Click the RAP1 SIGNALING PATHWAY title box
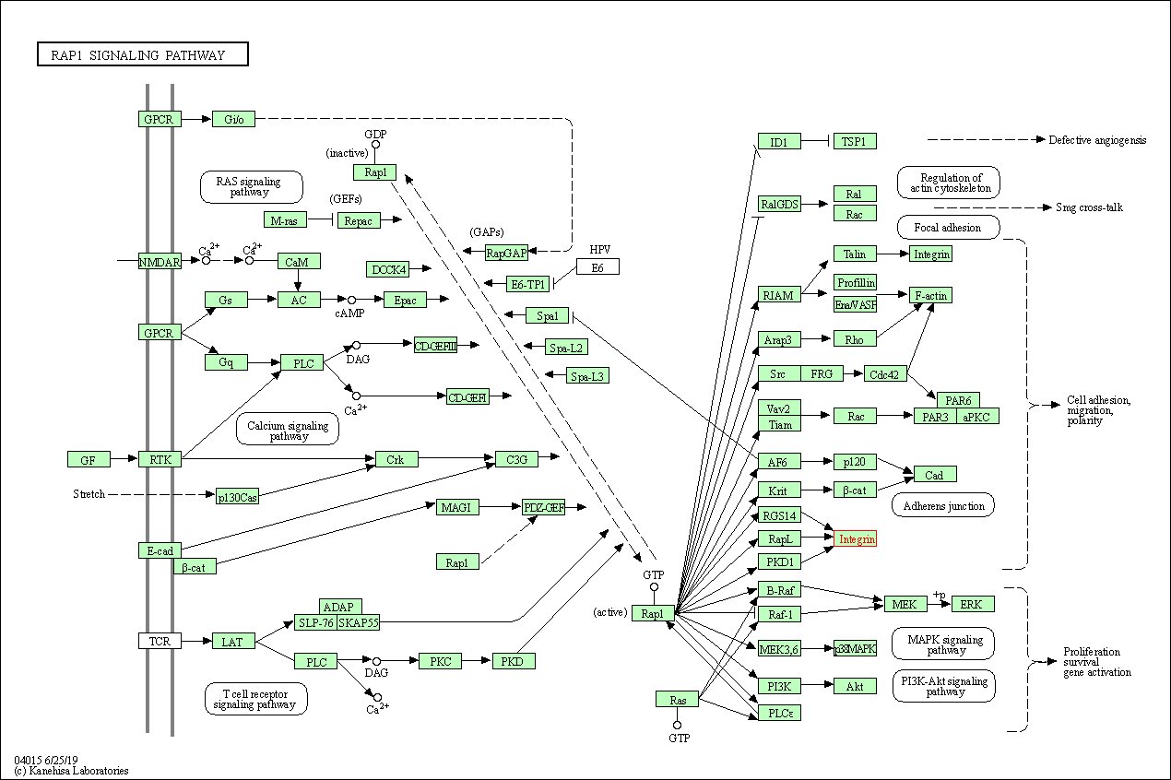(143, 55)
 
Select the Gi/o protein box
(233, 119)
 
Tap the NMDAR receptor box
(160, 261)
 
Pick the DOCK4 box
(387, 269)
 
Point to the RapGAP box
(506, 252)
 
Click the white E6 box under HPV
(597, 266)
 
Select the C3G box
(516, 459)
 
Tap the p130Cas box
(237, 497)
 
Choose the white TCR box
(160, 640)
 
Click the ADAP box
(340, 607)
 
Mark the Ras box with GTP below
(678, 700)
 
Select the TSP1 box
(854, 141)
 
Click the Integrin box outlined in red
(855, 538)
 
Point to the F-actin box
(929, 295)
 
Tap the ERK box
(973, 604)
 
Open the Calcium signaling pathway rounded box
(288, 429)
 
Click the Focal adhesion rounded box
(947, 227)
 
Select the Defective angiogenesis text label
(1097, 140)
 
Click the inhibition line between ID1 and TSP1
(816, 141)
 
